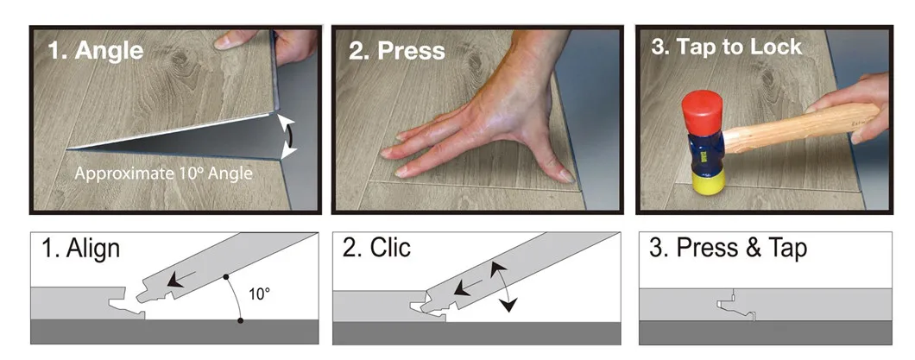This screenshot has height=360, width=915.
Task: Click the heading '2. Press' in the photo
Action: [396, 49]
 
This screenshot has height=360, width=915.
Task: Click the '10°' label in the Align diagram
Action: [260, 294]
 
